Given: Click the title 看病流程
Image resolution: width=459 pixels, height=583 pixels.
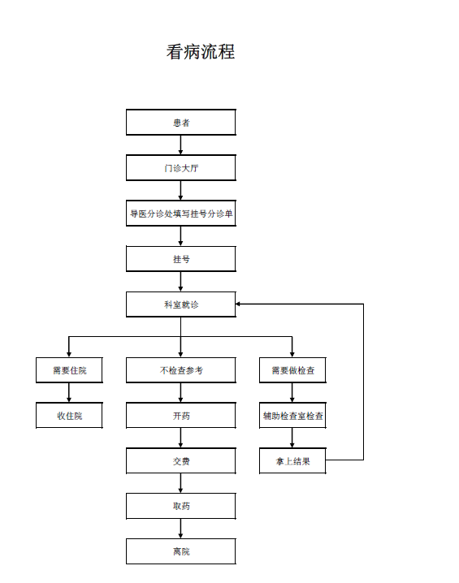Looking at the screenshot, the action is click(x=201, y=51).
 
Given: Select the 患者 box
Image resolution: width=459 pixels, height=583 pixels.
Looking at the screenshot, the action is click(x=181, y=122).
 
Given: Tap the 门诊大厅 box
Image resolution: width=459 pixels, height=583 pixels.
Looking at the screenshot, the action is click(x=181, y=168).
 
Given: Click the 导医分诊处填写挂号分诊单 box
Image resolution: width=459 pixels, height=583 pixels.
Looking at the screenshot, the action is click(x=181, y=213).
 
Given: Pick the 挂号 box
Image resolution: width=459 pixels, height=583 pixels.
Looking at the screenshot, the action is click(x=181, y=259).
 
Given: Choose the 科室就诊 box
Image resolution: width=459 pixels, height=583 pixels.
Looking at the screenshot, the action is click(x=181, y=304).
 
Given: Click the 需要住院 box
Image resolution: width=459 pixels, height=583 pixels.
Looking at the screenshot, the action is click(x=69, y=370).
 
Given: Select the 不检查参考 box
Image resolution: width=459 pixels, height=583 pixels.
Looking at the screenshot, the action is click(x=181, y=370).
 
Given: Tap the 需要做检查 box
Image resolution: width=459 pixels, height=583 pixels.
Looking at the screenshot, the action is click(x=292, y=370).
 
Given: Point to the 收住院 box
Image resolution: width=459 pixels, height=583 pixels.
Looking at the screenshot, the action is click(x=69, y=415).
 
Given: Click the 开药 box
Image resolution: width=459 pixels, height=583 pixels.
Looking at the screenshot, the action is click(x=181, y=415).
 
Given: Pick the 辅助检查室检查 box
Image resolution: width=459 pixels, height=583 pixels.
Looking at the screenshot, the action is click(x=292, y=415).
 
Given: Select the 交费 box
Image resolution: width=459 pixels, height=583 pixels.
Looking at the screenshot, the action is click(x=181, y=460).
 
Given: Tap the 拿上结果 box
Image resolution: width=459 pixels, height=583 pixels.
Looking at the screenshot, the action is click(x=292, y=460).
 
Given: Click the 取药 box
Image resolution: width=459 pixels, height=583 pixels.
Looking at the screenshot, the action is click(x=181, y=506).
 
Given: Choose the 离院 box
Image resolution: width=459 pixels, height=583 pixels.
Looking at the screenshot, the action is click(x=181, y=551).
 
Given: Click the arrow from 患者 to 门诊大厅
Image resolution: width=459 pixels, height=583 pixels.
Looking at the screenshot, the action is click(x=181, y=145).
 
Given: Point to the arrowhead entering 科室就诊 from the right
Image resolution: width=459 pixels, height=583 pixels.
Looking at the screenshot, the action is click(x=238, y=304).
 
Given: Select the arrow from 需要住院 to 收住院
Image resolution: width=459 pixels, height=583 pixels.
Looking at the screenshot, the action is click(x=69, y=393).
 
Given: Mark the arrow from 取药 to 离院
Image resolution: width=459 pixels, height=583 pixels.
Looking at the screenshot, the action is click(x=181, y=529).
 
